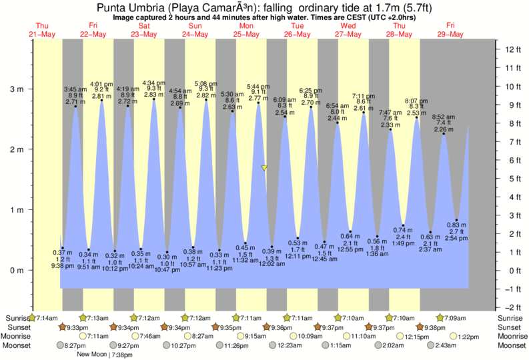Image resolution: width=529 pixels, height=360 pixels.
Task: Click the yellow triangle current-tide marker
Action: (x=265, y=168)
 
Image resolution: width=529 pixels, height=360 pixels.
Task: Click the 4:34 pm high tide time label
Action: (x=155, y=83)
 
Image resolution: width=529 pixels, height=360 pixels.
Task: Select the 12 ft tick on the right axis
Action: (x=511, y=49)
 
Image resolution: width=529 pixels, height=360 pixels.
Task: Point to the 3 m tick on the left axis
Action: (x=19, y=88)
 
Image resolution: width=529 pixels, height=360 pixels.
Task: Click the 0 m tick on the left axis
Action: (x=19, y=271)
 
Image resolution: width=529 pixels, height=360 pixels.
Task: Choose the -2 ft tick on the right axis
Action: (x=511, y=307)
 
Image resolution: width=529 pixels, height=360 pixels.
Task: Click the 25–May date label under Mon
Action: (x=246, y=34)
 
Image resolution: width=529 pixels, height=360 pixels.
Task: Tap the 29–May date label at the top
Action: (x=450, y=34)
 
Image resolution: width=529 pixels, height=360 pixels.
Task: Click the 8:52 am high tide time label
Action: (x=444, y=115)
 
